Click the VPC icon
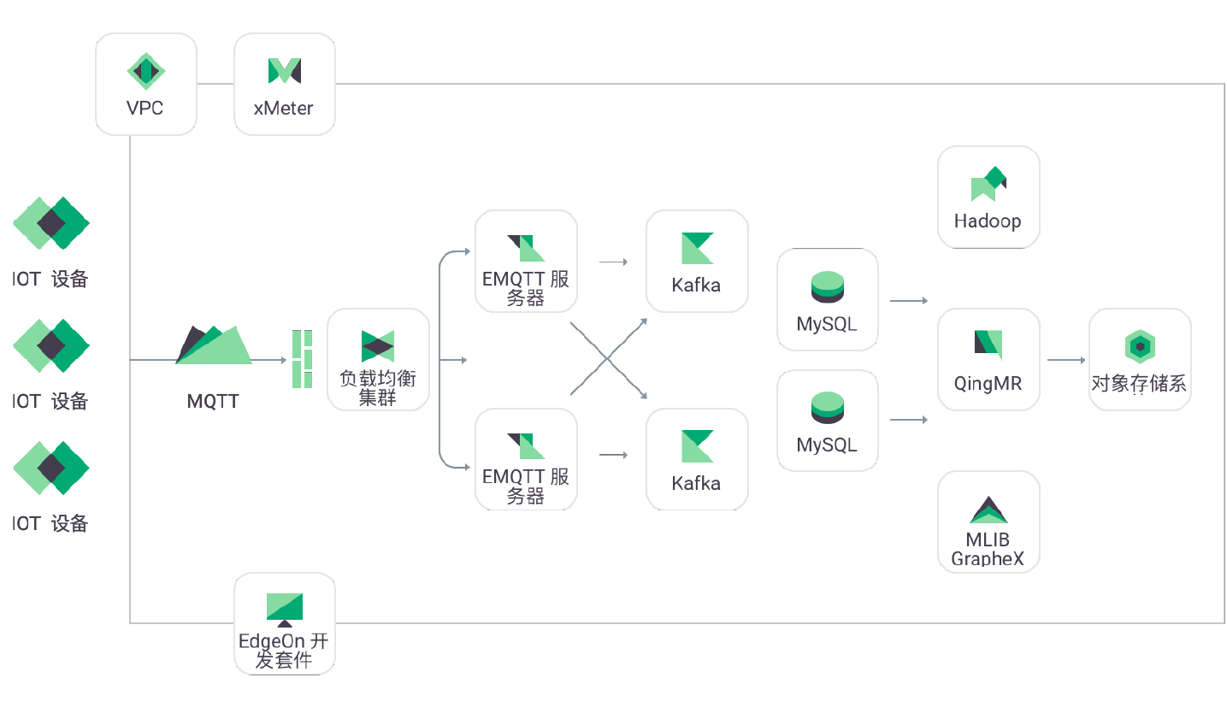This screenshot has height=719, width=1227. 145,71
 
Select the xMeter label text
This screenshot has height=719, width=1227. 283,109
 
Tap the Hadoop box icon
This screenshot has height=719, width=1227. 988,183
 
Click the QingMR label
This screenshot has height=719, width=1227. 988,384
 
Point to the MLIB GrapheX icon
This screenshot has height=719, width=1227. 988,510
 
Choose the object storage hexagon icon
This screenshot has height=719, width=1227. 1140,346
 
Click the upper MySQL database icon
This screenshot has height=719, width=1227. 827,287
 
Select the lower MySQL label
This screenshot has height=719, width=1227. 826,445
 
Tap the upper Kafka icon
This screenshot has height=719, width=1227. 697,248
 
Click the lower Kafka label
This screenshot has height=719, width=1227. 696,484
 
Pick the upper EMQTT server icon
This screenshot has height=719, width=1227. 526,248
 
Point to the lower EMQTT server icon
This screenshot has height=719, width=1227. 526,446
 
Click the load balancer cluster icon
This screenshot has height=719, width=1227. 378,346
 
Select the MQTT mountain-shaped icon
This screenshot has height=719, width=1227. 213,345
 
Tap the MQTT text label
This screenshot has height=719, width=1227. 213,402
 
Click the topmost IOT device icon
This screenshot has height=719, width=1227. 51,223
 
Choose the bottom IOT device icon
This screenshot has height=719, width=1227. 51,468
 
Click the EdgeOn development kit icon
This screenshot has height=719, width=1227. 285,608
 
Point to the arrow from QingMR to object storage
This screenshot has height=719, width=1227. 1065,360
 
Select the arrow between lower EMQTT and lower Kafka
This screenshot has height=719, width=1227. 613,455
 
